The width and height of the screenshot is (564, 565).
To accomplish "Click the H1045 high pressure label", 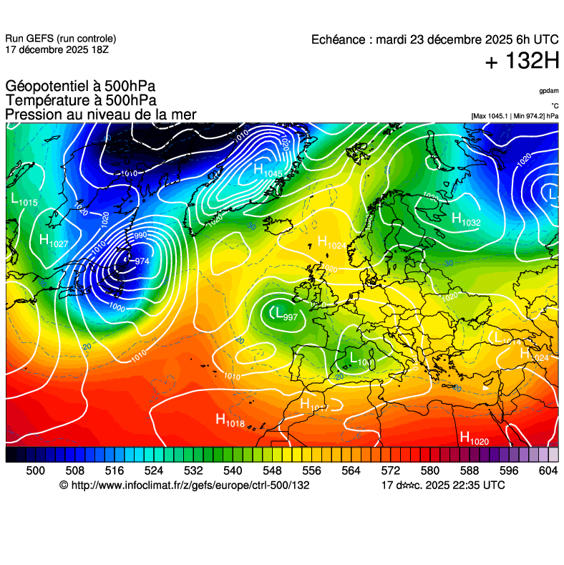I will pos(268,171).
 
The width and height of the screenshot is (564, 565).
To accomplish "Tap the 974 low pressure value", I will pos(141,261).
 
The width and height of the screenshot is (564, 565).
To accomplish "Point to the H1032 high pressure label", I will pos(466,220).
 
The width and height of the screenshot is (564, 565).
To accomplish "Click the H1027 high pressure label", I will pos(54,242).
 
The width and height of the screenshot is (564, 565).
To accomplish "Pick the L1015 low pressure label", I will pos(24,201).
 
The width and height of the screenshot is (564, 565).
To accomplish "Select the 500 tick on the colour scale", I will pos(35,470).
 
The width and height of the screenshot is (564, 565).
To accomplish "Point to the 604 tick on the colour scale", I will pos(548,470).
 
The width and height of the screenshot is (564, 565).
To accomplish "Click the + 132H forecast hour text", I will pos(522,62).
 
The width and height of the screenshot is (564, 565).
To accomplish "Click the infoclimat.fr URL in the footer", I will pos(190,486).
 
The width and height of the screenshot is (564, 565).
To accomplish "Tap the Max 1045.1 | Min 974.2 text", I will pos(515,115).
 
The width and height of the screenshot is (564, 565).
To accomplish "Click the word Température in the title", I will pos(44,101).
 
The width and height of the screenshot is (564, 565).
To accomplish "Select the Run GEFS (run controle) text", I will pos(60,39).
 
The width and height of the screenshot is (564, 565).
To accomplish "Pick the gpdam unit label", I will pos(548,91).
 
